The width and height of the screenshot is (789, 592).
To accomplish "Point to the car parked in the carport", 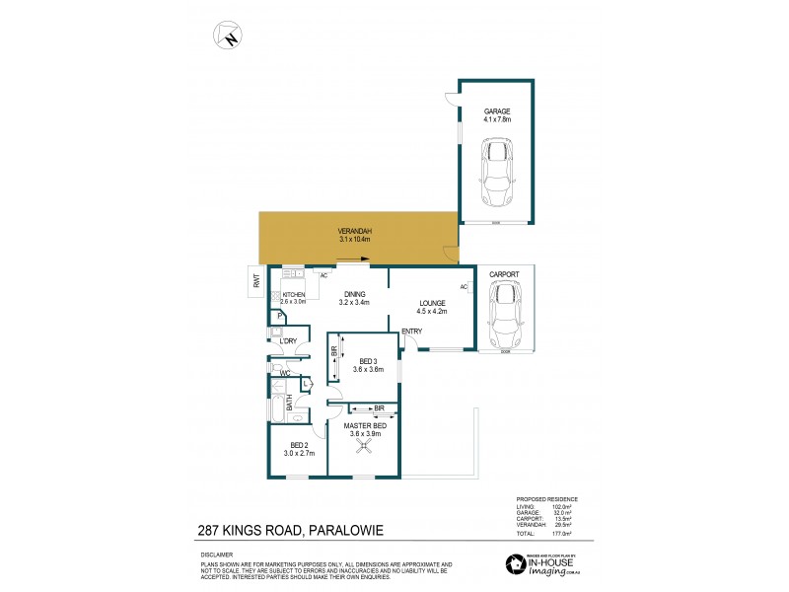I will (x=505, y=309).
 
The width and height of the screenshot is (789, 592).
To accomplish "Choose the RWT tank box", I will (x=255, y=282).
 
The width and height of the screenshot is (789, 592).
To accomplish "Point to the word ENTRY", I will (x=411, y=331).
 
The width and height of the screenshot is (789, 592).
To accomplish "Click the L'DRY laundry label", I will (x=288, y=341).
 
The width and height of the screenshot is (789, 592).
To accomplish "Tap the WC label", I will (x=283, y=374).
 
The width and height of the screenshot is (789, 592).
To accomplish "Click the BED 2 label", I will (x=298, y=449).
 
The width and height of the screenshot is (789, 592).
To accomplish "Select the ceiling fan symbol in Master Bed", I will (x=365, y=447).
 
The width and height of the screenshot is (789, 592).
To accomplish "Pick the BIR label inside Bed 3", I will (x=334, y=351).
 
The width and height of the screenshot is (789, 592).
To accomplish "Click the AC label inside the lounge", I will (x=464, y=287).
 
